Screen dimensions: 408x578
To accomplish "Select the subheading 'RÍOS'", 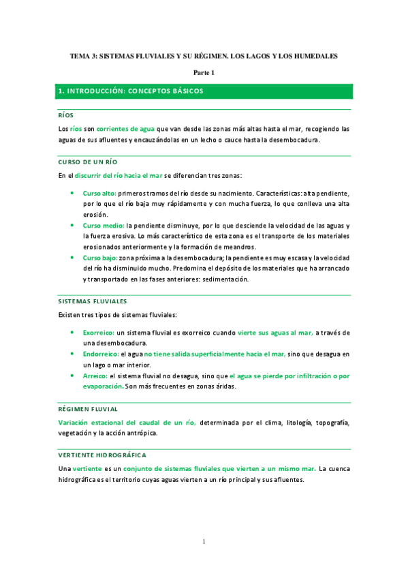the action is [x=66, y=115].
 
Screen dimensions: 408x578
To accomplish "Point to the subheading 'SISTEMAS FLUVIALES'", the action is [x=92, y=301].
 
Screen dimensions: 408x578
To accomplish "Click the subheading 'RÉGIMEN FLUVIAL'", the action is [x=88, y=409].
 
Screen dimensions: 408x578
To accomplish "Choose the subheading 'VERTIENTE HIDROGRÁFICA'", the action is [x=101, y=455].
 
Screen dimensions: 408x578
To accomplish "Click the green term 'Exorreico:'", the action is [x=99, y=332].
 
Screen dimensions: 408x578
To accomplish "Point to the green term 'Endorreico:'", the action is [x=101, y=354].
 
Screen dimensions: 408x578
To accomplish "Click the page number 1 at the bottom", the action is [x=204, y=542].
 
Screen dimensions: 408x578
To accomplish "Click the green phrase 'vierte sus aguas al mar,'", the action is [x=275, y=332].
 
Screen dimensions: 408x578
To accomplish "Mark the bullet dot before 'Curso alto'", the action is [x=73, y=194].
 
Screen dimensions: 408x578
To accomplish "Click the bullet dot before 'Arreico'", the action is [x=73, y=376].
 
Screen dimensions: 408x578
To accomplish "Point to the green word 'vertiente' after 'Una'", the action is [x=88, y=468].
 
